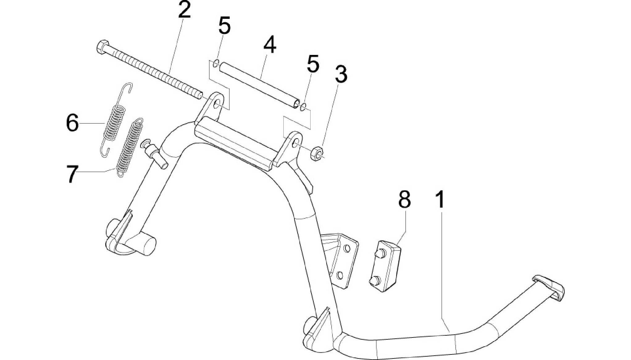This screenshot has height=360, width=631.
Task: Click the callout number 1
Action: pyautogui.click(x=440, y=200)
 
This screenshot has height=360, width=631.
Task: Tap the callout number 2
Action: pyautogui.click(x=184, y=10)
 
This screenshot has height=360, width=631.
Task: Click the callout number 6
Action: pyautogui.click(x=73, y=123)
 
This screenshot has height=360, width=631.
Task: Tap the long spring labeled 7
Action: pyautogui.click(x=130, y=148)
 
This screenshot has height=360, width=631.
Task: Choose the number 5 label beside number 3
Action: pyautogui.click(x=313, y=64)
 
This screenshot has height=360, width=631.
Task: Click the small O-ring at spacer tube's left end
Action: pyautogui.click(x=216, y=64)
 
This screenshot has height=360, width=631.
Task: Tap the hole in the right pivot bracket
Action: pyautogui.click(x=295, y=142)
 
